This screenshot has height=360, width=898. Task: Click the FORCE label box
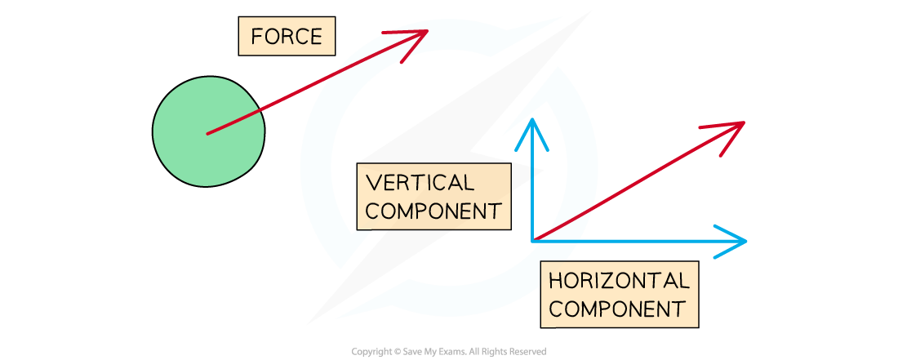pos(287,37)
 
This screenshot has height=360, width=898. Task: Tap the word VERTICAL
pos(420,182)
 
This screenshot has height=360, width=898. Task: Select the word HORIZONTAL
pos(619,281)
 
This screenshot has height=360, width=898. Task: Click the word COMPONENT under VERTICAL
pos(433,211)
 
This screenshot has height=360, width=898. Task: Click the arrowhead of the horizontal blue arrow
pos(740,241)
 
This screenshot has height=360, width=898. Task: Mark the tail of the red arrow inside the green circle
pos(207,133)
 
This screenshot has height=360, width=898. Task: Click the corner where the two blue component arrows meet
pos(533,240)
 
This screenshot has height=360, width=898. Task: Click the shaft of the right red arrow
pos(637,182)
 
